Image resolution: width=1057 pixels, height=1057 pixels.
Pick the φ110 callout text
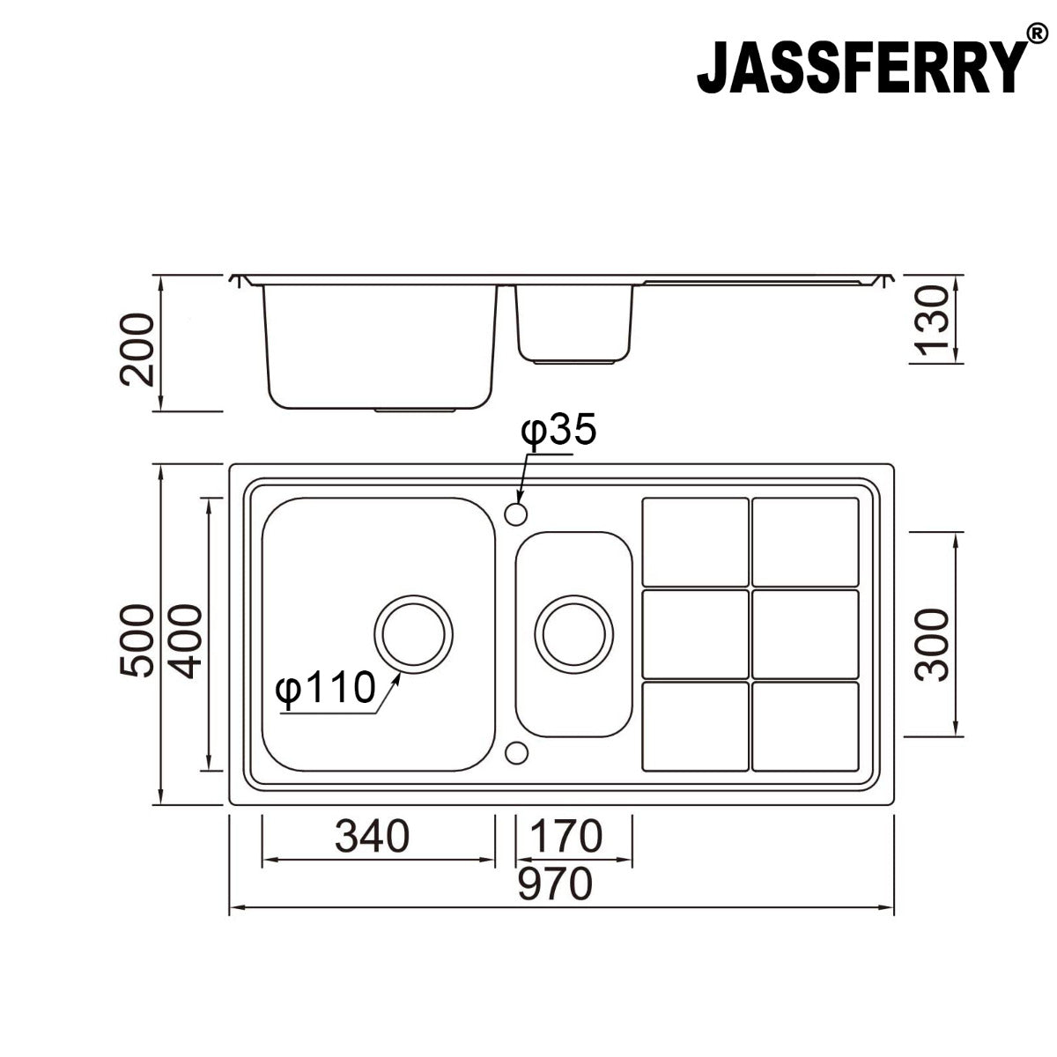point(325,688)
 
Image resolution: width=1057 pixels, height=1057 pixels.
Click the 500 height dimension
point(137,640)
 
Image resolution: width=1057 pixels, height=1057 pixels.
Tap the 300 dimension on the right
point(933,644)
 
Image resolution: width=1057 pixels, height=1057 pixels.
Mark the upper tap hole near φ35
point(516,513)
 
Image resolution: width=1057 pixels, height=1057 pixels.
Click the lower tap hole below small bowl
point(517,753)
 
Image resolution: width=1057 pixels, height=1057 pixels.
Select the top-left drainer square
point(696,542)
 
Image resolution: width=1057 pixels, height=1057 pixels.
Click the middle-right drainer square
point(805,634)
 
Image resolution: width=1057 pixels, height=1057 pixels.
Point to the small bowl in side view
point(574,322)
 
